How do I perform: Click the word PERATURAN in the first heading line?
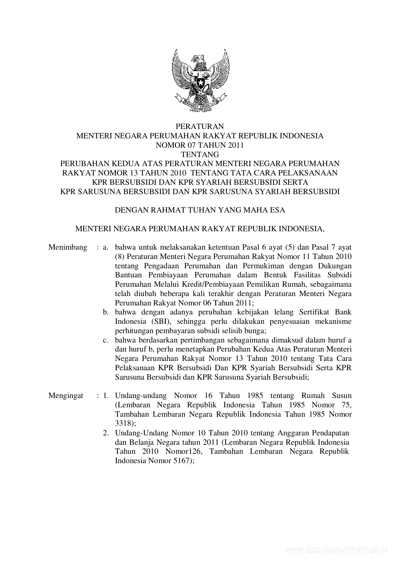tap(200, 126)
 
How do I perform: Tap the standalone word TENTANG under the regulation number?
tap(200, 154)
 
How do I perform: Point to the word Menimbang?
tap(68, 247)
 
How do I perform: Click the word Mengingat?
tap(66, 396)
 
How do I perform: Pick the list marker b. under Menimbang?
tap(105, 312)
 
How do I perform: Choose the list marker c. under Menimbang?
tap(105, 340)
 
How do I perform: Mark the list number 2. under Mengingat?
tap(106, 433)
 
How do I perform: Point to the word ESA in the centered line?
tap(277, 210)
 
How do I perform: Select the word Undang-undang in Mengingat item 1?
tap(141, 396)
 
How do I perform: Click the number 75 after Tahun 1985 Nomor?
tap(346, 405)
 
